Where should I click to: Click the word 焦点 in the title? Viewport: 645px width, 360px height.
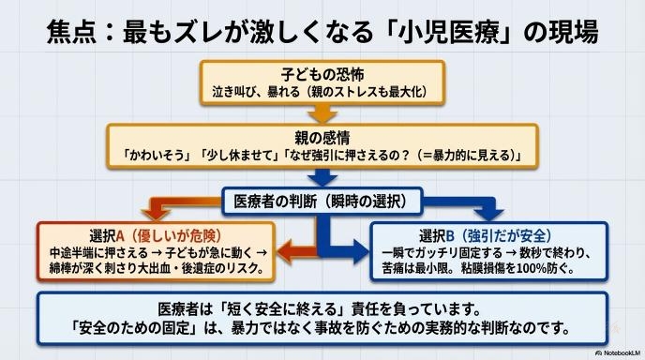(x=71, y=32)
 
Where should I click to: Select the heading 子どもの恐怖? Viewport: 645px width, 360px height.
(x=322, y=74)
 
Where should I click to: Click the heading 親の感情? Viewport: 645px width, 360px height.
(x=322, y=138)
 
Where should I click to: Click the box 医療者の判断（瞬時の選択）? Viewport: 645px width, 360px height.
(x=322, y=202)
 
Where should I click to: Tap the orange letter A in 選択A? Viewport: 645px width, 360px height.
(x=120, y=236)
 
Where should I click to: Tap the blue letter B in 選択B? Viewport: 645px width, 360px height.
(x=450, y=236)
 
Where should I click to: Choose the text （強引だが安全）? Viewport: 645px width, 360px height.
(x=504, y=236)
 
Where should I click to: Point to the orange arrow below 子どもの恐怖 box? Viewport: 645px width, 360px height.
(x=322, y=114)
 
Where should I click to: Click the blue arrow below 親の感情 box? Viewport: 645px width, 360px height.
(x=322, y=177)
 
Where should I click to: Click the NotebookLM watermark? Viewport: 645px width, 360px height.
(x=618, y=353)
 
